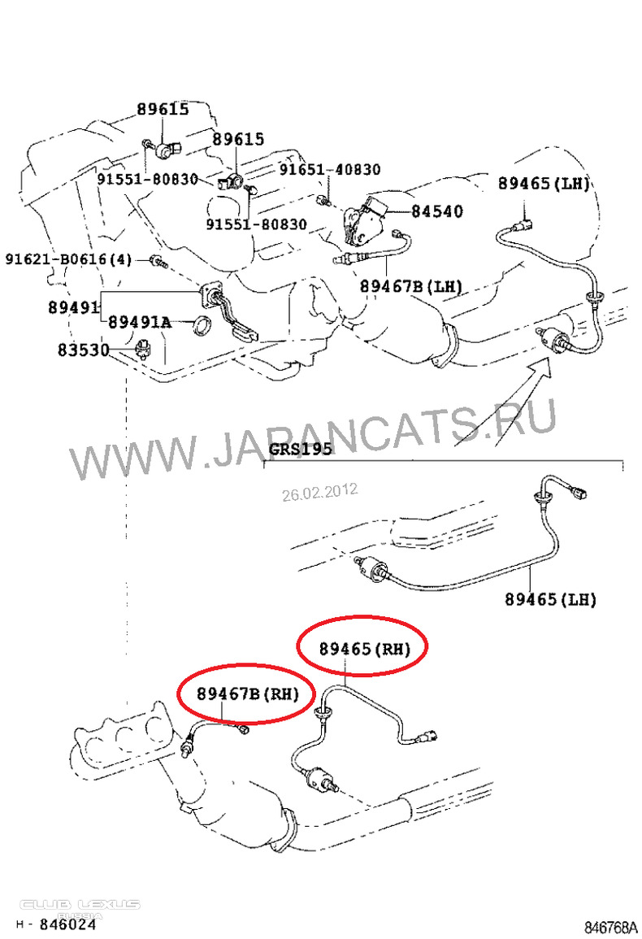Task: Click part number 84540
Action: click(x=436, y=211)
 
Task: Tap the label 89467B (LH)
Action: click(x=411, y=286)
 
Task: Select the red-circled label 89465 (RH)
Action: click(x=365, y=649)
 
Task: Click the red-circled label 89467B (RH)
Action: click(x=247, y=693)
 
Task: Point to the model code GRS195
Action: click(x=300, y=449)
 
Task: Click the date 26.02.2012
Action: click(x=320, y=492)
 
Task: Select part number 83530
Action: click(x=83, y=349)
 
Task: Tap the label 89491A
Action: click(x=140, y=322)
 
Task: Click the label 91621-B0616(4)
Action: click(x=68, y=259)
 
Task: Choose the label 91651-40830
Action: click(x=330, y=169)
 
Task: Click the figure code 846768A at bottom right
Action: click(x=610, y=927)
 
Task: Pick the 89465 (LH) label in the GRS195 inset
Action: click(x=550, y=599)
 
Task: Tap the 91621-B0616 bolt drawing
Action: click(x=158, y=261)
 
